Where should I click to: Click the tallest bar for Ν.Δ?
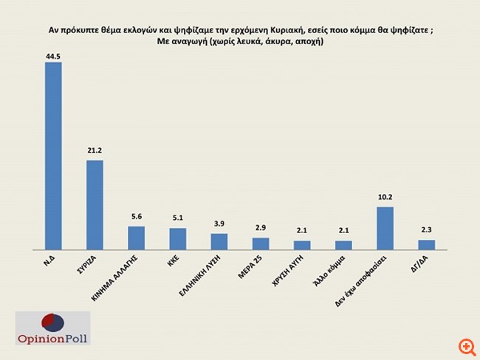(x=53, y=156)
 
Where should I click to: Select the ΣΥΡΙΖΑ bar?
(x=95, y=205)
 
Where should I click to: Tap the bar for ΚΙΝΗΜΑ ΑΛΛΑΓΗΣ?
(x=136, y=238)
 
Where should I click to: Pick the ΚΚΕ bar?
(x=177, y=239)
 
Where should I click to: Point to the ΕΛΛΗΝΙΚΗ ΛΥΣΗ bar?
(x=219, y=241)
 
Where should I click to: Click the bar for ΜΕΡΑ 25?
(x=261, y=243)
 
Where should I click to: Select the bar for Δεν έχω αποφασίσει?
(x=385, y=228)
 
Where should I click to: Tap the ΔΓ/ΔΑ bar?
(x=426, y=245)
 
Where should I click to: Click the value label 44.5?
(x=53, y=56)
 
